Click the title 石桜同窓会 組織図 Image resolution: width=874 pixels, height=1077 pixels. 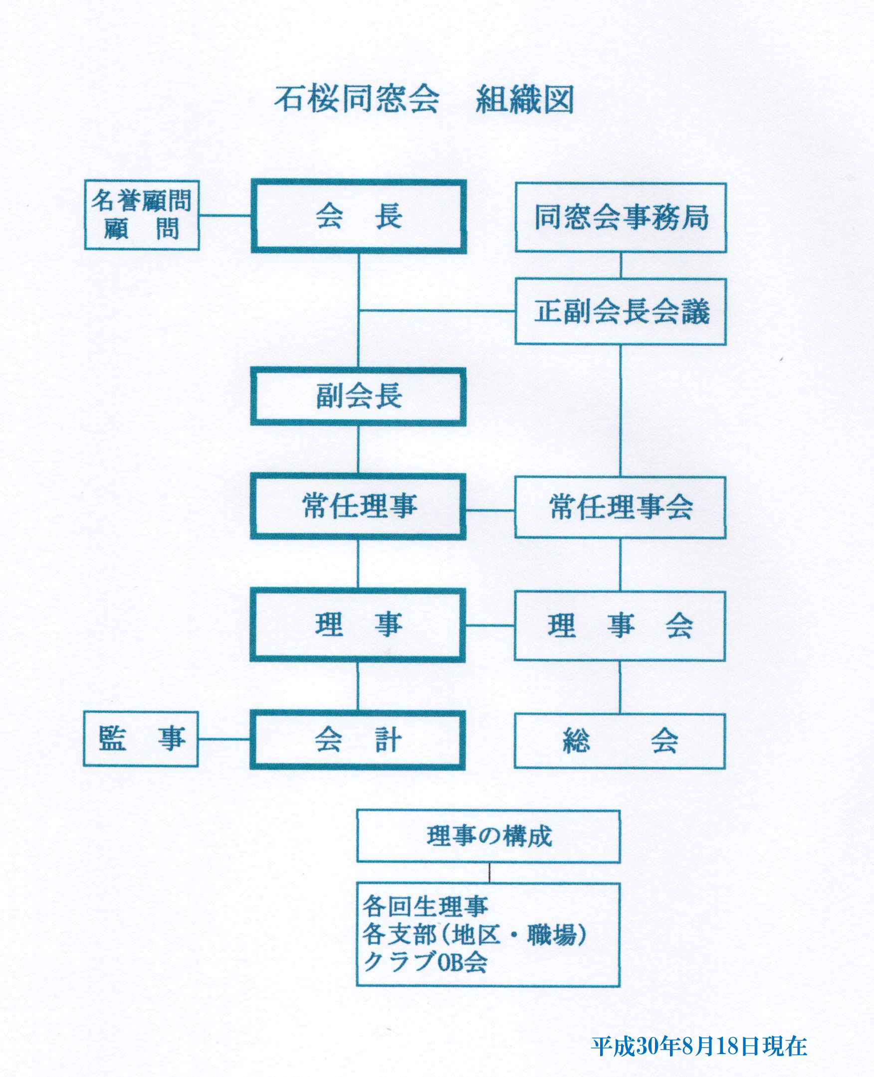pyautogui.click(x=424, y=99)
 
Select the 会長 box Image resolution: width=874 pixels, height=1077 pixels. pyautogui.click(x=359, y=216)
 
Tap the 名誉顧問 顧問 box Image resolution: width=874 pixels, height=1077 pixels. pyautogui.click(x=142, y=215)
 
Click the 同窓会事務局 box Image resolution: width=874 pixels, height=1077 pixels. pyautogui.click(x=621, y=217)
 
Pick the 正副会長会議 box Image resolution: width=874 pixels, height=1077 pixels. pyautogui.click(x=621, y=311)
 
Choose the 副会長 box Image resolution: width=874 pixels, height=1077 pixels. pyautogui.click(x=358, y=396)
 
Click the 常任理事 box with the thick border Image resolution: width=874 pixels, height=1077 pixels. pyautogui.click(x=358, y=506)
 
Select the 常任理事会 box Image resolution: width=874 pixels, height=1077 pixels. pyautogui.click(x=620, y=507)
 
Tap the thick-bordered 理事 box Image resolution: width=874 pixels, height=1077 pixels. pyautogui.click(x=358, y=625)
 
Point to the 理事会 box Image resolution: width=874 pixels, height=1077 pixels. pyautogui.click(x=620, y=626)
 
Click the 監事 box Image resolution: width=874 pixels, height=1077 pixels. pyautogui.click(x=141, y=739)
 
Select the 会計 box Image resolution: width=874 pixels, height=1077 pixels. pyautogui.click(x=358, y=740)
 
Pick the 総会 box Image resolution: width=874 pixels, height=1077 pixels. pyautogui.click(x=620, y=741)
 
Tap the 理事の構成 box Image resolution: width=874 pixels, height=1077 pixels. pyautogui.click(x=488, y=837)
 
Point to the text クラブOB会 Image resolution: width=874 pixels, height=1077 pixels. pyautogui.click(x=426, y=963)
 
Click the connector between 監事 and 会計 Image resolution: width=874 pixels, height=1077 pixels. pyautogui.click(x=224, y=740)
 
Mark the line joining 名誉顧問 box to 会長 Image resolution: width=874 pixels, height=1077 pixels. pyautogui.click(x=225, y=215)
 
